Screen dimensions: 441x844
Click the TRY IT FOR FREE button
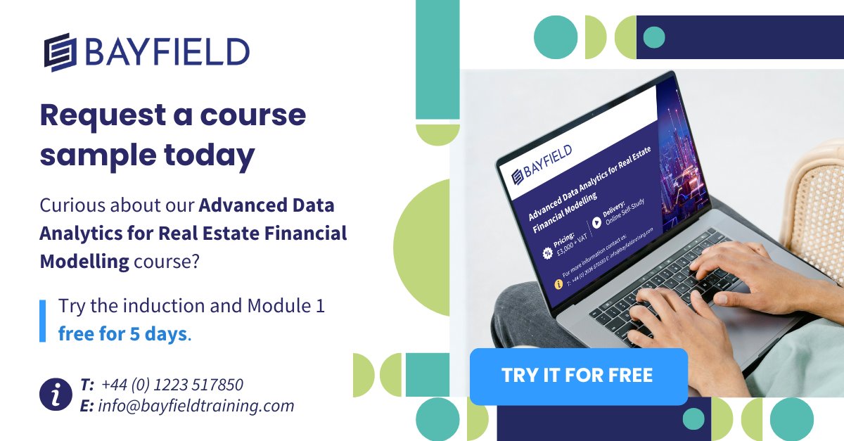pos(577,376)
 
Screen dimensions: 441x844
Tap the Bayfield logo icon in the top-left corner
pos(60,51)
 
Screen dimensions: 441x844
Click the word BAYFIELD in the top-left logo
pos(167,51)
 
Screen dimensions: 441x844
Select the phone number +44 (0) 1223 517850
pos(172,385)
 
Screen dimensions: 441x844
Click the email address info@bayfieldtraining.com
pos(196,406)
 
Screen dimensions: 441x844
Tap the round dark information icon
pos(56,395)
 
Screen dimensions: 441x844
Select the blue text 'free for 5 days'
pos(123,333)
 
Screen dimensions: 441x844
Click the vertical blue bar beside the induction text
pos(42,321)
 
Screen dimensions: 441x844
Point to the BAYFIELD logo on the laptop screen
pos(542,162)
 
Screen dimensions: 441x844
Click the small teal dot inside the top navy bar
pos(654,37)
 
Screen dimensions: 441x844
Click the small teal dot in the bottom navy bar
pos(693,419)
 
